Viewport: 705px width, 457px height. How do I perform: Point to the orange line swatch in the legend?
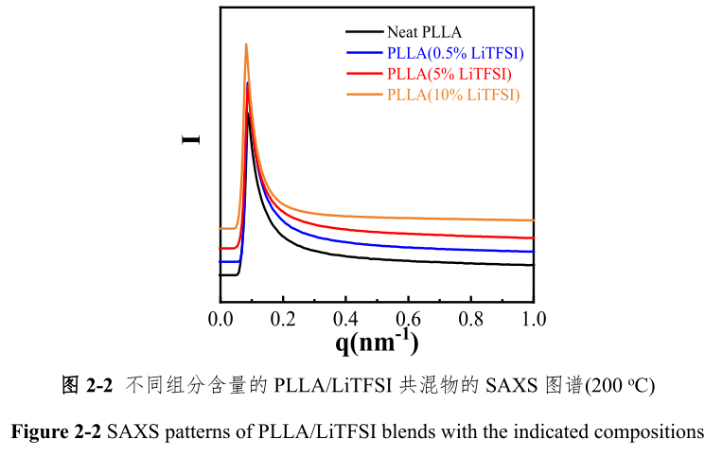pos(363,94)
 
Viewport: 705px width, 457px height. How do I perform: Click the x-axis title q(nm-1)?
pos(377,342)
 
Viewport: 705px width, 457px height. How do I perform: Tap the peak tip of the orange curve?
pos(246,44)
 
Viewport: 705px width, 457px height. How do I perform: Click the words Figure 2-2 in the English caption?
pos(56,432)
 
